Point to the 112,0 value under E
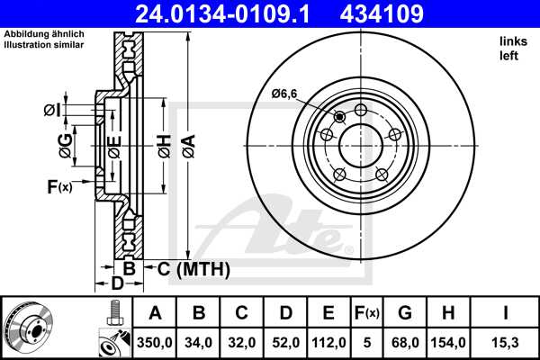point(329,342)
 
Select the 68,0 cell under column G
point(405,342)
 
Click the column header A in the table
point(155,313)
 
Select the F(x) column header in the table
point(366,313)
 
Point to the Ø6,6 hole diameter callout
point(284,94)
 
